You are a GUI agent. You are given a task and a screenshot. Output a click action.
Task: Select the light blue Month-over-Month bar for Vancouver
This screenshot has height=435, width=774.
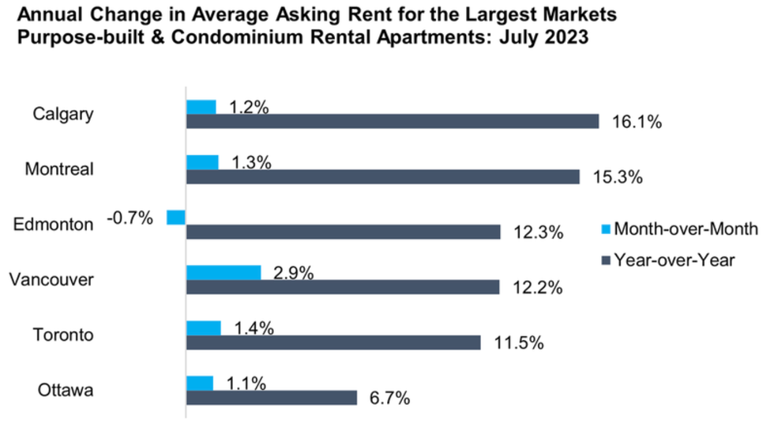coord(224,272)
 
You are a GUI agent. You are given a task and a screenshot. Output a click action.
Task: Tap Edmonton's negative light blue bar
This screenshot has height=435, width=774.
coord(176,217)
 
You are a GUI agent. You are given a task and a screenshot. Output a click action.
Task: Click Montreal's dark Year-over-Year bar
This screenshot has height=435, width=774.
coord(383,176)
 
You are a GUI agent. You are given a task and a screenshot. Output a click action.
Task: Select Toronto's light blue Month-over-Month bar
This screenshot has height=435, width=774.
coord(203,327)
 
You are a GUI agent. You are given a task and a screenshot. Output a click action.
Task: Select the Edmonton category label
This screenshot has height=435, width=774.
coord(54,224)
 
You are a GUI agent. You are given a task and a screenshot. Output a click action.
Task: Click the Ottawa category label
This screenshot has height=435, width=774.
coord(66,390)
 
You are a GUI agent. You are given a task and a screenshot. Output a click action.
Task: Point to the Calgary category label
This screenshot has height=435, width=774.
coord(63,113)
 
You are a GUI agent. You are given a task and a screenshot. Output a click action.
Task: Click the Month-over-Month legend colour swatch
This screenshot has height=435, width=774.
coord(606,229)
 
